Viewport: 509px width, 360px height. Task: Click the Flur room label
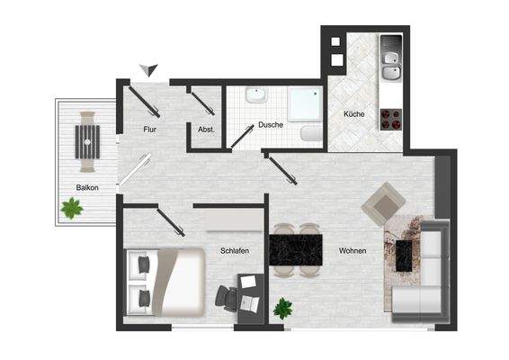click(150, 130)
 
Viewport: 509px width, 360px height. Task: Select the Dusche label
click(271, 125)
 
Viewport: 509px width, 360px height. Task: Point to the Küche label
click(353, 115)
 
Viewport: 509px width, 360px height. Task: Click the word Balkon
click(87, 187)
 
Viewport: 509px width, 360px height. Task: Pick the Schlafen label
click(234, 251)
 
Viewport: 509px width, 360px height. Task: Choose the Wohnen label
click(353, 250)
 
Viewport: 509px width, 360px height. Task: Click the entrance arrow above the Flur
click(151, 70)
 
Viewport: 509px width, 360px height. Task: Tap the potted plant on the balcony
click(71, 209)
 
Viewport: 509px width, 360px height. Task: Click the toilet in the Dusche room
click(310, 133)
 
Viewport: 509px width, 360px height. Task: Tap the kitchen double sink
click(390, 62)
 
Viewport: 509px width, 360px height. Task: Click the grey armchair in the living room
click(381, 203)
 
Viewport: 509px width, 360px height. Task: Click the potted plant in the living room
click(284, 307)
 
